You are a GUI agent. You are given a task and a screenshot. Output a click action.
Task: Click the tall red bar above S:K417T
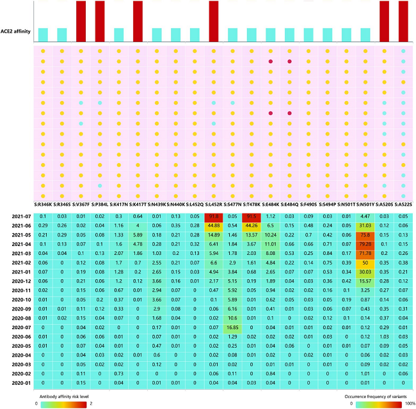coord(138,20)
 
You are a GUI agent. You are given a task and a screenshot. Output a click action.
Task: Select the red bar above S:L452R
coord(213,20)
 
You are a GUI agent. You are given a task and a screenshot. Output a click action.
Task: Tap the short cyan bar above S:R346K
coord(42,33)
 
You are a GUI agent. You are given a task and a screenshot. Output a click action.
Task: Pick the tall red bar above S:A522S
coord(403,20)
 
